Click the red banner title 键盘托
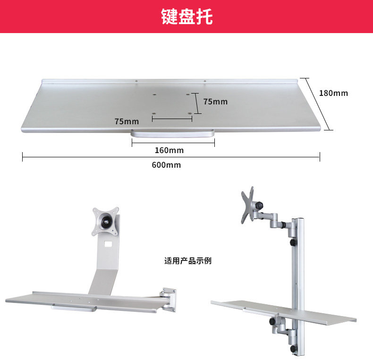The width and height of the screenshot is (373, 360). pyautogui.click(x=186, y=17)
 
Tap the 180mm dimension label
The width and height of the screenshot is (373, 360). pyautogui.click(x=333, y=93)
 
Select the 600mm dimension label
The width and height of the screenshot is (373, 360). pyautogui.click(x=166, y=165)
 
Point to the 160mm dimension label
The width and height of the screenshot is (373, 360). pyautogui.click(x=169, y=151)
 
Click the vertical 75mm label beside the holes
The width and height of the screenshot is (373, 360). pyautogui.click(x=215, y=102)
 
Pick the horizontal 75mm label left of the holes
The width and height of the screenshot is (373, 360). pyautogui.click(x=127, y=121)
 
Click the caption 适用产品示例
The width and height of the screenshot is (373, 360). pyautogui.click(x=188, y=261)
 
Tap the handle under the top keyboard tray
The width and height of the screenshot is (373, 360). pyautogui.click(x=173, y=134)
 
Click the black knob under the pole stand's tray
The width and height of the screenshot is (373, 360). pyautogui.click(x=273, y=321)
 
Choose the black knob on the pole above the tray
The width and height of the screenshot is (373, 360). pyautogui.click(x=293, y=242)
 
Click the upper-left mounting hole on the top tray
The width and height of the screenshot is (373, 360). pyautogui.click(x=154, y=94)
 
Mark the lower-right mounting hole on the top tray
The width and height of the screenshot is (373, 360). pyautogui.click(x=190, y=113)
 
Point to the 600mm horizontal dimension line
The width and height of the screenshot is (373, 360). pyautogui.click(x=94, y=157)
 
